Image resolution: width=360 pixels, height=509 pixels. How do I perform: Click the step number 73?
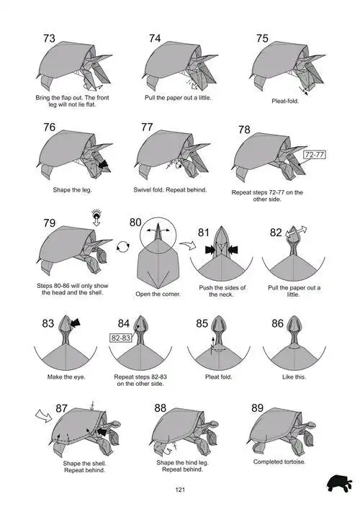tap(50, 38)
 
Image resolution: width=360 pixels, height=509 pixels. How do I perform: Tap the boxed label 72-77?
tap(315, 155)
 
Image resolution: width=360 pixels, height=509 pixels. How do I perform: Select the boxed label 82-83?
tap(121, 338)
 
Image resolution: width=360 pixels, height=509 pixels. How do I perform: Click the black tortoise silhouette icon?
tap(339, 484)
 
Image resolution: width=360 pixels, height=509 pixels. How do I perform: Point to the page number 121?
tap(180, 490)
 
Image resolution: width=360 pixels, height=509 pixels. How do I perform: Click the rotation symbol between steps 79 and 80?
tap(123, 247)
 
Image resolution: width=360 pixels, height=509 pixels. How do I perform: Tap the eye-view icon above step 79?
tap(96, 217)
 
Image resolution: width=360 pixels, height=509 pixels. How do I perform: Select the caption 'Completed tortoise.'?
tap(279, 461)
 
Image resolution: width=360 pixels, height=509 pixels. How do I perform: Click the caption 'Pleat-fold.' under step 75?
tap(285, 101)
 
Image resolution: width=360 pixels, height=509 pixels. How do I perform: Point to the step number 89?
tap(258, 407)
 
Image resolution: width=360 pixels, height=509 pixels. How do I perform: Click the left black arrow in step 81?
tap(210, 250)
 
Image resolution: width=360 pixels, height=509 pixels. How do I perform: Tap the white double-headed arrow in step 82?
tap(296, 232)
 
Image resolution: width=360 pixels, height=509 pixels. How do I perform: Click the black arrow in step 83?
tap(76, 323)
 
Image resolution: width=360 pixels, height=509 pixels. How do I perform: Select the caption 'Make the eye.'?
tap(66, 377)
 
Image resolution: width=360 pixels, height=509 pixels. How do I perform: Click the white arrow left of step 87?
tap(43, 415)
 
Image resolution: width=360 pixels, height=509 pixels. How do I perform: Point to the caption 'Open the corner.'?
tap(158, 294)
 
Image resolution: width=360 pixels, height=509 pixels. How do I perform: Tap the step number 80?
tap(135, 222)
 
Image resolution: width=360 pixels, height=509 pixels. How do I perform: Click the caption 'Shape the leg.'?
tap(73, 190)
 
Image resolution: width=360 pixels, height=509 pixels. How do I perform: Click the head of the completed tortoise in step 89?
tap(308, 425)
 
